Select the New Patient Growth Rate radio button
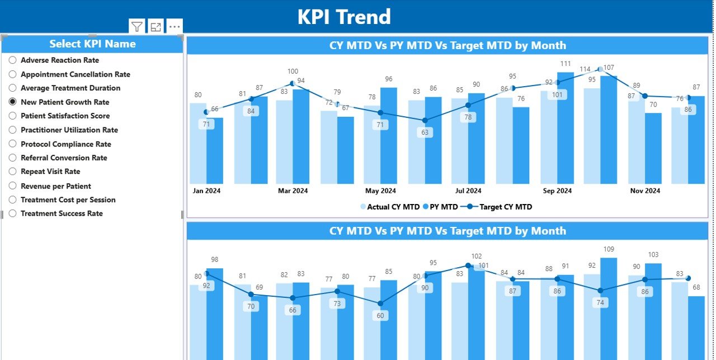pyautogui.click(x=12, y=102)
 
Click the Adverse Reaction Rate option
pyautogui.click(x=12, y=60)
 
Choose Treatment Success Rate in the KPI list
pyautogui.click(x=12, y=214)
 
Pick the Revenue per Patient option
pyautogui.click(x=12, y=186)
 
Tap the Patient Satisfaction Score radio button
pyautogui.click(x=12, y=116)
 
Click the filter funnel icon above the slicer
pyautogui.click(x=137, y=26)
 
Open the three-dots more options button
pyautogui.click(x=175, y=26)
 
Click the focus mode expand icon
pyautogui.click(x=156, y=26)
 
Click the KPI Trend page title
pyautogui.click(x=343, y=17)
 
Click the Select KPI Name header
pyautogui.click(x=92, y=44)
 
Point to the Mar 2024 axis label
pyautogui.click(x=293, y=191)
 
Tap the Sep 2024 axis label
pyautogui.click(x=557, y=191)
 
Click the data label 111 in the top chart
pyautogui.click(x=566, y=64)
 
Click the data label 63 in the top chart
pyautogui.click(x=425, y=132)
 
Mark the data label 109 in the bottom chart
pyautogui.click(x=609, y=249)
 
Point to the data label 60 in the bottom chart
pyautogui.click(x=380, y=316)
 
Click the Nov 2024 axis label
pyautogui.click(x=645, y=191)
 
